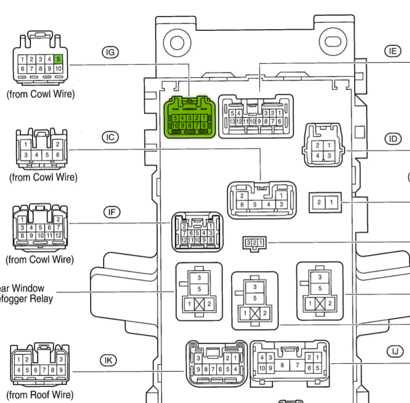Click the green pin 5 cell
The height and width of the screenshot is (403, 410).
click(59, 59)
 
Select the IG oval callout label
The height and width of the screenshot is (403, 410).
click(110, 52)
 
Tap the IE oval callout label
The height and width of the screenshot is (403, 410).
click(392, 51)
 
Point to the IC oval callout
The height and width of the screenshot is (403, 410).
click(110, 137)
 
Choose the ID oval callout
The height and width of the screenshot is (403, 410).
click(392, 139)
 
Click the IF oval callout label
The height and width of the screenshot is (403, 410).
click(110, 212)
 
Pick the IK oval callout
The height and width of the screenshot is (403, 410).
click(108, 360)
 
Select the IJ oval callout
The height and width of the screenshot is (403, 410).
click(394, 351)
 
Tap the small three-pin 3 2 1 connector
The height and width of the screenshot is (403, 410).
click(254, 242)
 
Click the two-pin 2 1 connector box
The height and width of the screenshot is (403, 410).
click(325, 201)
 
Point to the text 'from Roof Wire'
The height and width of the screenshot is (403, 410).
click(40, 395)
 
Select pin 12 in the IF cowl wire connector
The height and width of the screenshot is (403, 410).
click(58, 236)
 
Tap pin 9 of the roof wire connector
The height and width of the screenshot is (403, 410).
click(61, 370)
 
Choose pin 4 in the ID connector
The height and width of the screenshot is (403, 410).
click(318, 156)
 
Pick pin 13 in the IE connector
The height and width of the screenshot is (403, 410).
click(232, 121)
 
